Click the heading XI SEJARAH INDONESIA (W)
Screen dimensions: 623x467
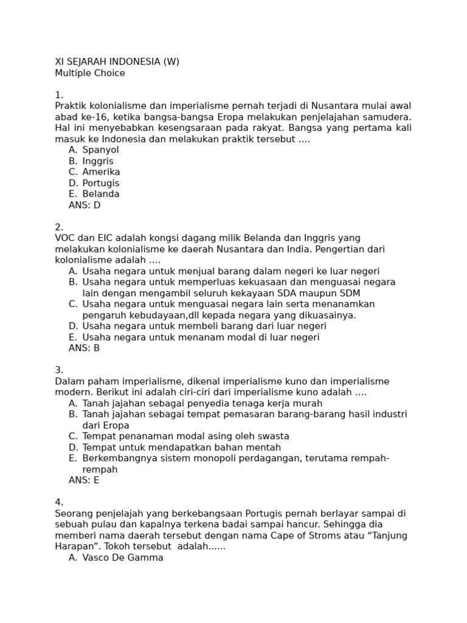(117, 62)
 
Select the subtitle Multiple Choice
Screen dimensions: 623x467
(90, 73)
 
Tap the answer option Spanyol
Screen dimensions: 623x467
(100, 150)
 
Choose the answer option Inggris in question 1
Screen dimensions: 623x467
(98, 161)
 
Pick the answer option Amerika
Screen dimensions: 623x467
(101, 172)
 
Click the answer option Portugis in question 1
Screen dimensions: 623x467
(101, 183)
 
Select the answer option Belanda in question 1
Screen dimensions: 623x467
(101, 194)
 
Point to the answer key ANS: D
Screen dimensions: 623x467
(85, 205)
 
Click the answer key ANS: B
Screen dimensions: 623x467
(85, 348)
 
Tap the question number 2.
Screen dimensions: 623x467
(59, 227)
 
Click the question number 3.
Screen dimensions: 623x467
(59, 370)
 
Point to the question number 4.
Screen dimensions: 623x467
(59, 502)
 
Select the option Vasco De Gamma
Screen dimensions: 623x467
(123, 557)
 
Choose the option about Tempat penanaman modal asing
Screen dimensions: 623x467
(185, 436)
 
